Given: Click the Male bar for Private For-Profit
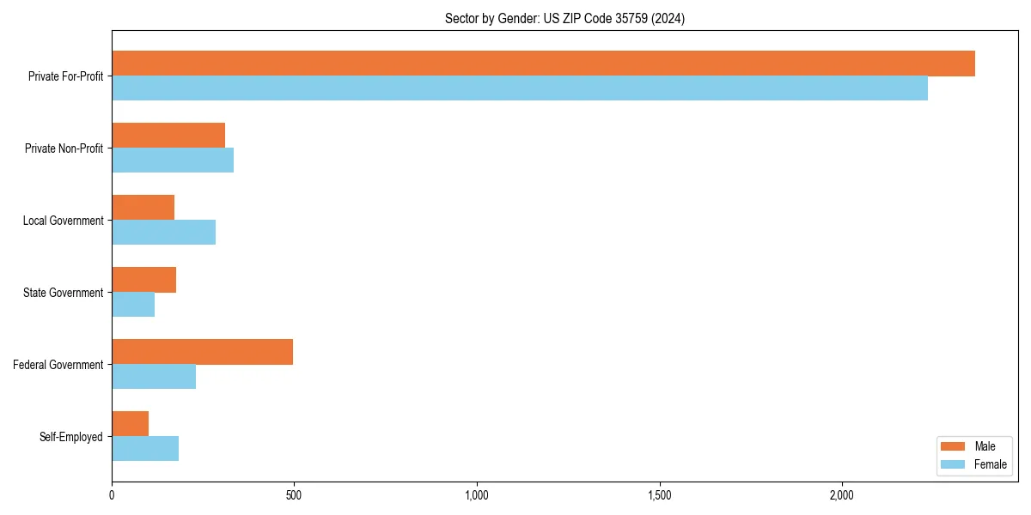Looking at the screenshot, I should pos(543,64).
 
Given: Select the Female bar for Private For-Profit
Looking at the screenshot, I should pos(520,88).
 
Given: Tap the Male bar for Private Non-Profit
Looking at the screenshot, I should pos(168,136).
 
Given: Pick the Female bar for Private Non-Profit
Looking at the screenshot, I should pos(173,161).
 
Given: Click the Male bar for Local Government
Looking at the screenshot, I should pos(143,208).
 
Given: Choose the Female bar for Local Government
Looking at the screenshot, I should pos(163,233).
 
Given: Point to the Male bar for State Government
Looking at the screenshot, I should pos(143,280).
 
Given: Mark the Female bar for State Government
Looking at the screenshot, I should pos(133,305).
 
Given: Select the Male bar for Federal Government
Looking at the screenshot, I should pos(202,352).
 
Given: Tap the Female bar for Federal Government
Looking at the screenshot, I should pos(154,377).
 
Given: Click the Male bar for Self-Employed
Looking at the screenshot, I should pos(130,424).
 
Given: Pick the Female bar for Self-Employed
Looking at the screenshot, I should pos(145,449).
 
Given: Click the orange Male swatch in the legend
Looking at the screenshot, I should pos(954,446).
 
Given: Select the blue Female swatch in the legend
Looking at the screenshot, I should pos(954,464).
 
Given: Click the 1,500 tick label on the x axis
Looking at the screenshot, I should pos(659,495).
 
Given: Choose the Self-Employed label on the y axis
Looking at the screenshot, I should pos(71,437).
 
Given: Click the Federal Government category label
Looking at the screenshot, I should pos(58,365).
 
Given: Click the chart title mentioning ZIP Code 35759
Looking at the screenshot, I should pos(564,18).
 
